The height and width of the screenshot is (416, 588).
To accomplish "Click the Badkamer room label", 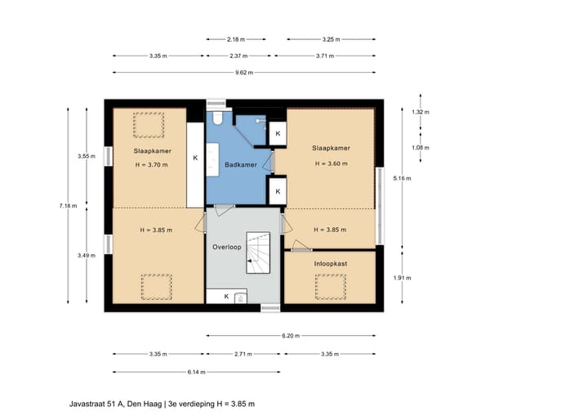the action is pos(241,164).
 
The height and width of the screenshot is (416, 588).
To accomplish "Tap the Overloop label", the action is pos(227,247).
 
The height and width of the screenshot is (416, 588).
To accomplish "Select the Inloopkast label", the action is pos(331,264).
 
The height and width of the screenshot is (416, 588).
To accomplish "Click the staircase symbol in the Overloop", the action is pos(258,253).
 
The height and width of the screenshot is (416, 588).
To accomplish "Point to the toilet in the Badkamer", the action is pos(217,118).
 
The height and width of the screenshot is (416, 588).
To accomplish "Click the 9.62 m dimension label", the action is pos(244,73).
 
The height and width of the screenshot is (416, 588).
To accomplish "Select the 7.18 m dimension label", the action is pos(68,206).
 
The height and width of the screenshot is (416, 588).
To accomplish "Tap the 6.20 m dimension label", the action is pos(291,336).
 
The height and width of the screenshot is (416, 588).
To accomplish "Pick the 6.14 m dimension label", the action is pos(197,372).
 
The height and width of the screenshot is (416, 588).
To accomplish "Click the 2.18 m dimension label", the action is pos(236,39).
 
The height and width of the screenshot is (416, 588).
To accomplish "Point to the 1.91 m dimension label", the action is pos(402,278).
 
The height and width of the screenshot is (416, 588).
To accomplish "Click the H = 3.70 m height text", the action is pos(152,165).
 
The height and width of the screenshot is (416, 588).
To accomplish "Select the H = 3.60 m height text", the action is pos(331,163).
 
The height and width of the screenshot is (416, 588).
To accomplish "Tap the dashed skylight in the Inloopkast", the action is pos(331,287).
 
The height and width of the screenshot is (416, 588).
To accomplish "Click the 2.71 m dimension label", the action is pos(243,354).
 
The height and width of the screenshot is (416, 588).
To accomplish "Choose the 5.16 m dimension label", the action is pos(402,178).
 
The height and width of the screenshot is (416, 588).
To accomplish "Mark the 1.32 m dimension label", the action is pos(421,112).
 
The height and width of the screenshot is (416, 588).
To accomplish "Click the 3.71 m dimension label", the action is pos(325,56).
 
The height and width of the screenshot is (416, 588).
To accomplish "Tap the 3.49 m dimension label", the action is pos(87,256).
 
